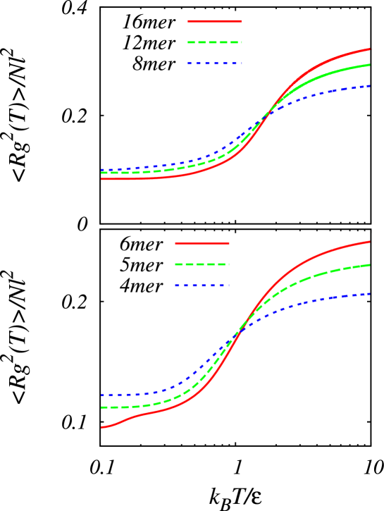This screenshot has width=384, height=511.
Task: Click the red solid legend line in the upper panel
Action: pyautogui.click(x=215, y=21)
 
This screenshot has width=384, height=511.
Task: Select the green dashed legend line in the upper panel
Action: pyautogui.click(x=215, y=42)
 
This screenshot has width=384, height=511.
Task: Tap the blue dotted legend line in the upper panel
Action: pyautogui.click(x=215, y=63)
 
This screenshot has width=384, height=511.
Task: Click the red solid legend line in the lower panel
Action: pyautogui.click(x=202, y=243)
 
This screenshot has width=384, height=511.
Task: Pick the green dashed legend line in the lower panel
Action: pyautogui.click(x=202, y=264)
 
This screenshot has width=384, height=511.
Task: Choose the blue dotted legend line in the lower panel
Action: pyautogui.click(x=202, y=285)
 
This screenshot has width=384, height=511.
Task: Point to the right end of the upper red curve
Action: pyautogui.click(x=370, y=49)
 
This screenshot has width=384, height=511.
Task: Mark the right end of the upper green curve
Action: pyautogui.click(x=370, y=65)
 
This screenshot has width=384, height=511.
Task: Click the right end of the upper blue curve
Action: pyautogui.click(x=370, y=86)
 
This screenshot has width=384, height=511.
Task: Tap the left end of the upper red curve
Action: pyautogui.click(x=101, y=179)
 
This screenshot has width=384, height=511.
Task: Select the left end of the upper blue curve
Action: pyautogui.click(x=101, y=170)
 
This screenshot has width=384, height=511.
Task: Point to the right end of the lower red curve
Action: pyautogui.click(x=370, y=242)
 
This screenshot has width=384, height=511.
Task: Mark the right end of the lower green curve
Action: pyautogui.click(x=370, y=265)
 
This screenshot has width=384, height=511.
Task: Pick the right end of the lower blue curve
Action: pyautogui.click(x=370, y=293)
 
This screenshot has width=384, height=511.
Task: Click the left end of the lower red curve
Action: pyautogui.click(x=101, y=427)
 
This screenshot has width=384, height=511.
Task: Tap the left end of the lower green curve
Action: pyautogui.click(x=101, y=407)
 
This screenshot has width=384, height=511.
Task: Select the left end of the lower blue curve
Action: pyautogui.click(x=101, y=395)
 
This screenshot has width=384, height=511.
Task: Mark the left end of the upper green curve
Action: pyautogui.click(x=101, y=173)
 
